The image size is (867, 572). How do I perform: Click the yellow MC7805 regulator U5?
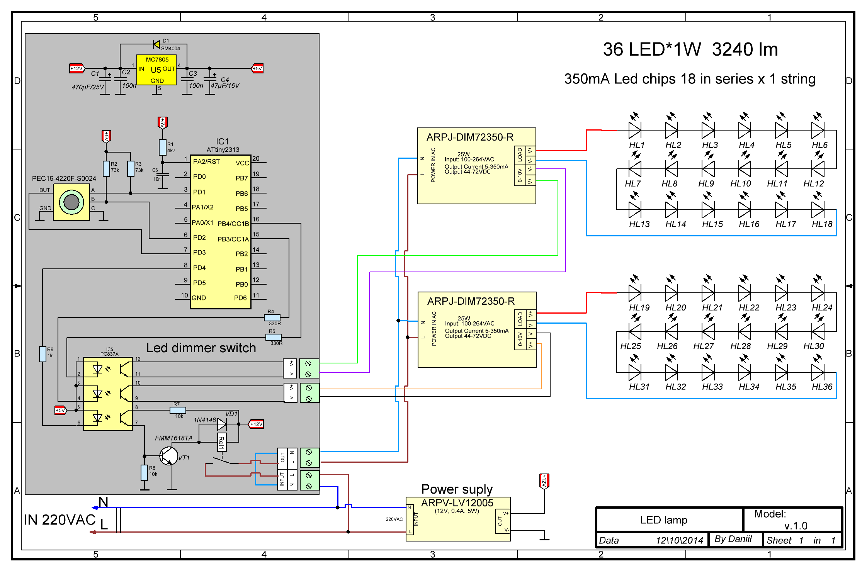tap(156, 70)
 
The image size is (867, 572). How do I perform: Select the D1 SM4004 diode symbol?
tap(156, 44)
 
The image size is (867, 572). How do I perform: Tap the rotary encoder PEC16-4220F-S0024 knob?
tap(71, 202)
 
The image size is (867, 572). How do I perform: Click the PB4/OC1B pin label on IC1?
tap(233, 224)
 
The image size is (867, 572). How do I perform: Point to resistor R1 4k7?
tap(163, 147)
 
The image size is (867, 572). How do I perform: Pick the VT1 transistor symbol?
tap(169, 457)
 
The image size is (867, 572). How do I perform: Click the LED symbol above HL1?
tap(634, 130)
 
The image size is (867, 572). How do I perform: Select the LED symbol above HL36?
tap(818, 372)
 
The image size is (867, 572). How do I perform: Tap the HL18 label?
tap(822, 224)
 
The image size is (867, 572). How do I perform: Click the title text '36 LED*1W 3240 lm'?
tap(690, 50)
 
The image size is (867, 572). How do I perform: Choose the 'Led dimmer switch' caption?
tap(201, 348)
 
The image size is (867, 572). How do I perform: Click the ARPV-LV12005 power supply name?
tap(457, 503)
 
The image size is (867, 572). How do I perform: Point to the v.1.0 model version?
tap(796, 526)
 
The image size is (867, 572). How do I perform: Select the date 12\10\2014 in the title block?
tap(679, 540)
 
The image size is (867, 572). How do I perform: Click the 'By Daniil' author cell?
tap(733, 539)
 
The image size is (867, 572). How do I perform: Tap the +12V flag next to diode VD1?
tap(256, 424)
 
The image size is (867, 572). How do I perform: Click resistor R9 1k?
tap(43, 354)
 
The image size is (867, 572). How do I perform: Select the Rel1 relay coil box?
tap(221, 442)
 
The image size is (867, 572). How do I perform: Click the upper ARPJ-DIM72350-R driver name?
tap(470, 137)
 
